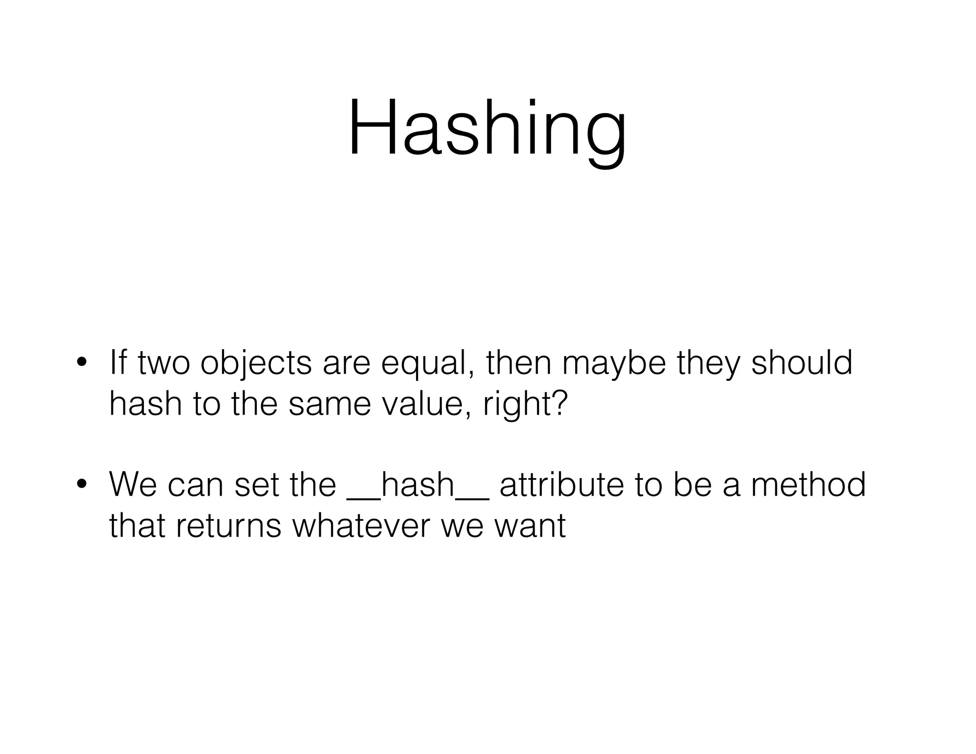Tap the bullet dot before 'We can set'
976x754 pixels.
point(81,484)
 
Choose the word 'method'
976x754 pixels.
point(808,484)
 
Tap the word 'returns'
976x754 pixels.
point(228,526)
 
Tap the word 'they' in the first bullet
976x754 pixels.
point(708,363)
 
